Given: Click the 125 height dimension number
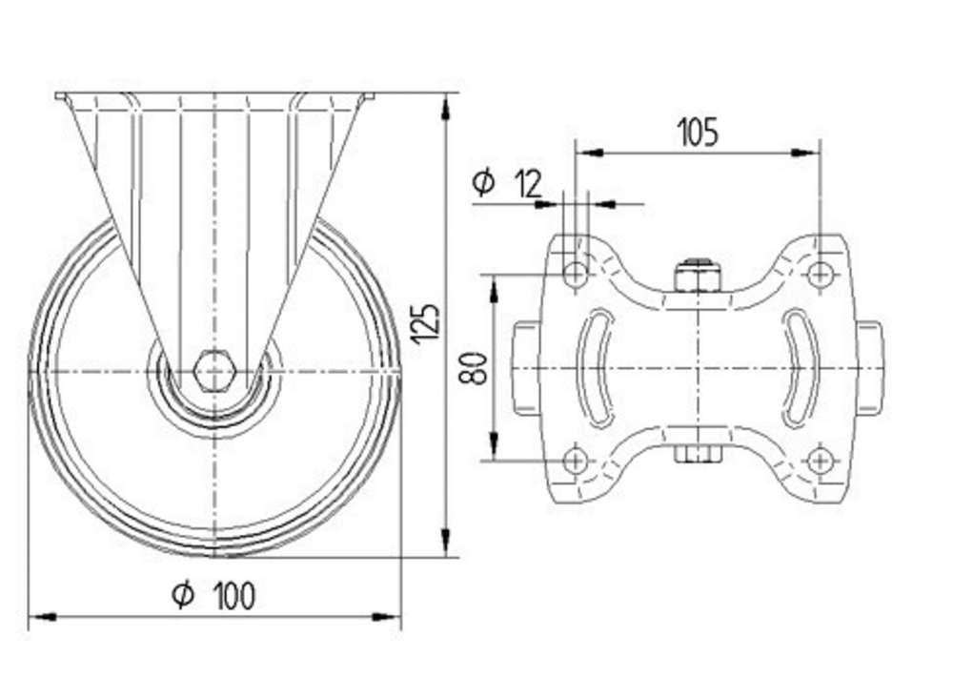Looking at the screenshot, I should point(427,322).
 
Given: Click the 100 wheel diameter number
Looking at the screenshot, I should point(233,596).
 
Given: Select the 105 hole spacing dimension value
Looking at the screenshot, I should point(698,133).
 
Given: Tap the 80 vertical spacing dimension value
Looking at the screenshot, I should point(477,367).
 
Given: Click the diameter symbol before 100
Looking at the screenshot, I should point(183,595).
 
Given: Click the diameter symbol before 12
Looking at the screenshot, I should point(484,181).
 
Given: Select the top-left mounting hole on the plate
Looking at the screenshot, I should point(575,275).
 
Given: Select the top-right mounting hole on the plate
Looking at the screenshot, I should point(819,275).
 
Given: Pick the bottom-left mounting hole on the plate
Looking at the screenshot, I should point(575,461).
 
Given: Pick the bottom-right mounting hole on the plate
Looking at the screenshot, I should point(819,461).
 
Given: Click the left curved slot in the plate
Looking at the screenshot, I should point(597,367).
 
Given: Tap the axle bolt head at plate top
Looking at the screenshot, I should point(697,276).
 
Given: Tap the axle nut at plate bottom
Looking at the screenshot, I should point(697,454).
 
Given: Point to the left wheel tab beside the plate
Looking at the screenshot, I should point(526,368).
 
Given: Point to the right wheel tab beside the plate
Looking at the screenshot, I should point(869,368).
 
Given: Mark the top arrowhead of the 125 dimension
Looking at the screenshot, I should point(446,104).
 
